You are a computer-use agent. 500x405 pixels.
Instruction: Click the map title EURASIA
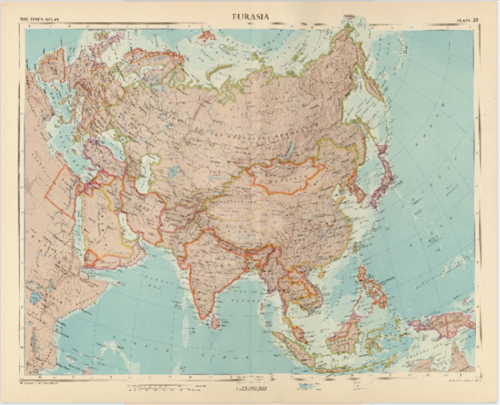[251, 14]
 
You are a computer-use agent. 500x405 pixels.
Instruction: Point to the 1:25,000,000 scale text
[250, 388]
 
